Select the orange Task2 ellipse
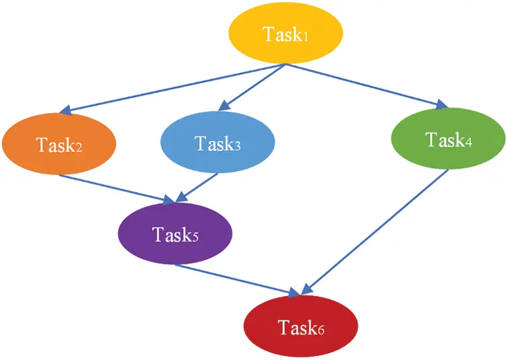(x=59, y=143)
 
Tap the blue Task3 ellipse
(x=217, y=143)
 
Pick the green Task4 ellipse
(x=448, y=139)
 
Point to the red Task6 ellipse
(x=300, y=327)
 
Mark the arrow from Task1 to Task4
(x=367, y=85)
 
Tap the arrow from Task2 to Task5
(x=114, y=188)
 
